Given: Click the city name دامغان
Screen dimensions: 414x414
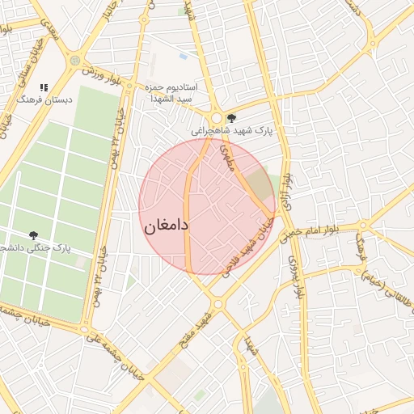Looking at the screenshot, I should point(167,226).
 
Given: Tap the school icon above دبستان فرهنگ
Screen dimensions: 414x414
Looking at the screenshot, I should point(44,87).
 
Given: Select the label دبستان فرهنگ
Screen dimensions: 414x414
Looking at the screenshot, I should point(46,100).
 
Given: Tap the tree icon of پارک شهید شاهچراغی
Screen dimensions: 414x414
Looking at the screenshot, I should point(232,117).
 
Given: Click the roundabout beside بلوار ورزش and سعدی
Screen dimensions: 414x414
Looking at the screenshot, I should point(75,61).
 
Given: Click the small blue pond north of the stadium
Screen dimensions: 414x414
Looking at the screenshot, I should point(184,57).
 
